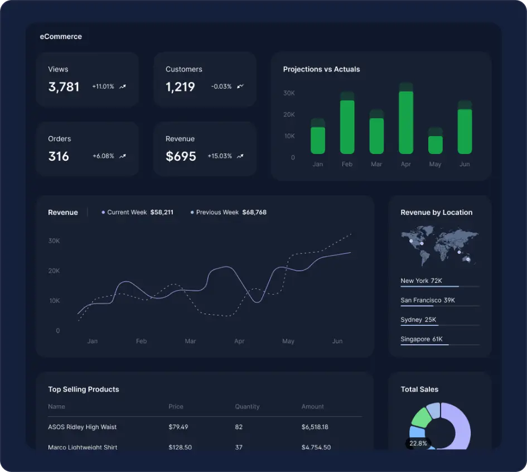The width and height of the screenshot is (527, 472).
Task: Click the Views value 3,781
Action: point(64,87)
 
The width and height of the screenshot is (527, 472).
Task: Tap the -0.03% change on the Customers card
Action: point(221,86)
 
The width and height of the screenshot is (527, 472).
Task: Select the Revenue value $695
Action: point(181,156)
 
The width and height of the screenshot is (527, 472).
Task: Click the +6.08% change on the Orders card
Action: point(103,156)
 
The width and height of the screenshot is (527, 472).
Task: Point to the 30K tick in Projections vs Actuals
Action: point(289,93)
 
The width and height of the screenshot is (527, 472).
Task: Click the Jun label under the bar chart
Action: point(465,164)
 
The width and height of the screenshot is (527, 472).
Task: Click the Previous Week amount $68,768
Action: point(254,213)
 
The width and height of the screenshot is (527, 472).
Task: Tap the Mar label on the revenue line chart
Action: point(190,341)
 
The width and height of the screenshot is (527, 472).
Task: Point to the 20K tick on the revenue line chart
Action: point(54,271)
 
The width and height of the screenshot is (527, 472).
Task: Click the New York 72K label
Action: point(421,281)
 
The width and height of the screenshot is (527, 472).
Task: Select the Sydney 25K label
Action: point(418,320)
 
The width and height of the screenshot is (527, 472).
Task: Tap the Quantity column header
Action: point(247,407)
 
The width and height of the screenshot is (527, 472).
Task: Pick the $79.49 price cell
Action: point(178,427)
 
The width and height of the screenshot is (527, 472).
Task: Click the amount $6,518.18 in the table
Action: point(315,427)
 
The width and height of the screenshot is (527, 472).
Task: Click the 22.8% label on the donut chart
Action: point(418,444)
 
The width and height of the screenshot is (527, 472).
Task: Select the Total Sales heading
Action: point(419,389)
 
